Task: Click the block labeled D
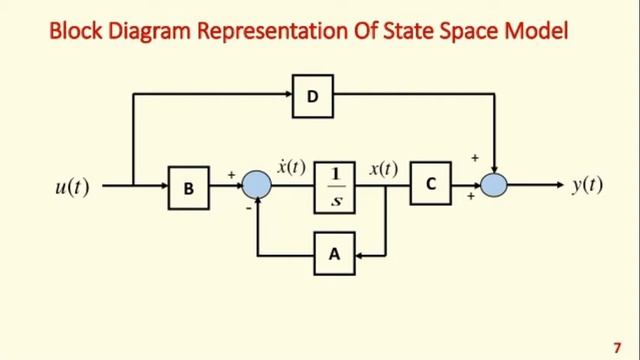point(312,95)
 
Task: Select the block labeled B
point(189,186)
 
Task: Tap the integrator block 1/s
point(335,186)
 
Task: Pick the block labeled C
point(430,185)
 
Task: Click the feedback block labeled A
point(334,255)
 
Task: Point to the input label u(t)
point(71,186)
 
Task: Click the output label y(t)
point(587,185)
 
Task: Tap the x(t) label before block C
point(383,168)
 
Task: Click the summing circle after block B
point(257,185)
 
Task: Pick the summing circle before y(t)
point(494,185)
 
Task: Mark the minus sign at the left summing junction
point(248,208)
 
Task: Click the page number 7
point(617,342)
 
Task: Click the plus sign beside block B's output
point(232,175)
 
